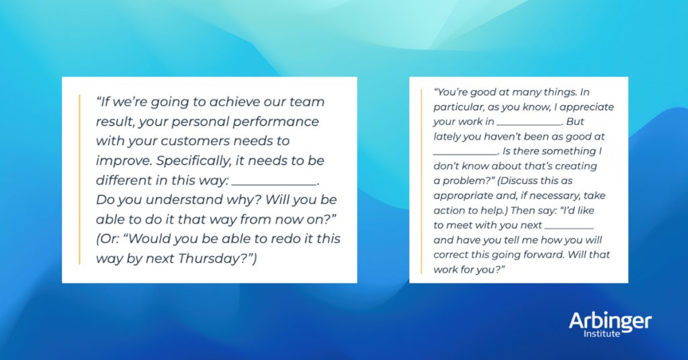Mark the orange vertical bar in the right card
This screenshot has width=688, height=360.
[422, 179]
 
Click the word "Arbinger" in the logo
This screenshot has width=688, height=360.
[609, 322]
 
